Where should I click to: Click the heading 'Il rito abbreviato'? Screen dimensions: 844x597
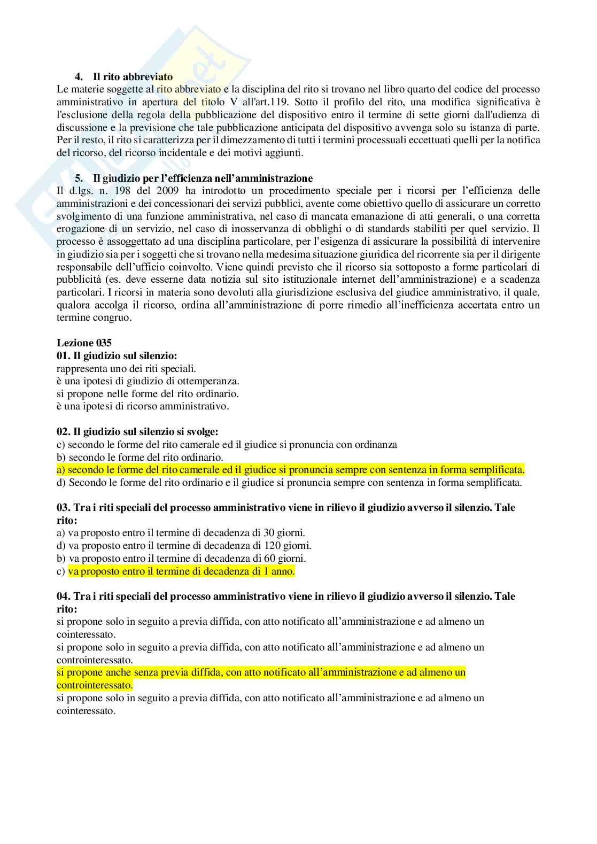pos(133,76)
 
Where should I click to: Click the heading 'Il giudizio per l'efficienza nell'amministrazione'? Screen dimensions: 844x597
pos(203,178)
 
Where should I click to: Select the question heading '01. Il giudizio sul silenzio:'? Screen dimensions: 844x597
pos(117,356)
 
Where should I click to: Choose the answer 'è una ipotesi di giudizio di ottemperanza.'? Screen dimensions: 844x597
pos(148,381)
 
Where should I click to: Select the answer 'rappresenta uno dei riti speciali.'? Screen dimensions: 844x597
pos(126,368)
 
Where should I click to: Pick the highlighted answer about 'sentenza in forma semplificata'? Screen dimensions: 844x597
pos(291,470)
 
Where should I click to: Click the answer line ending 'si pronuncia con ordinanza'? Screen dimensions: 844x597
pos(227,445)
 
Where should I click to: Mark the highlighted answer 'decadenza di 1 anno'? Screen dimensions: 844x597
pos(181,571)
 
